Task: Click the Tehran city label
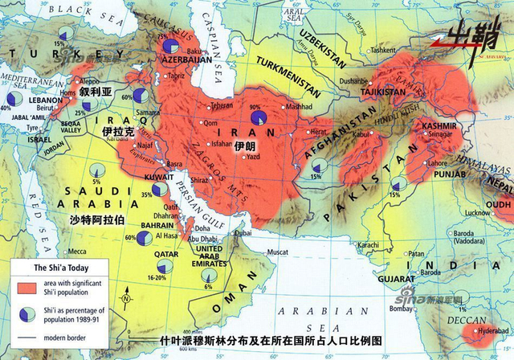point(222,105)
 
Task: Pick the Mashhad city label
point(302,106)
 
